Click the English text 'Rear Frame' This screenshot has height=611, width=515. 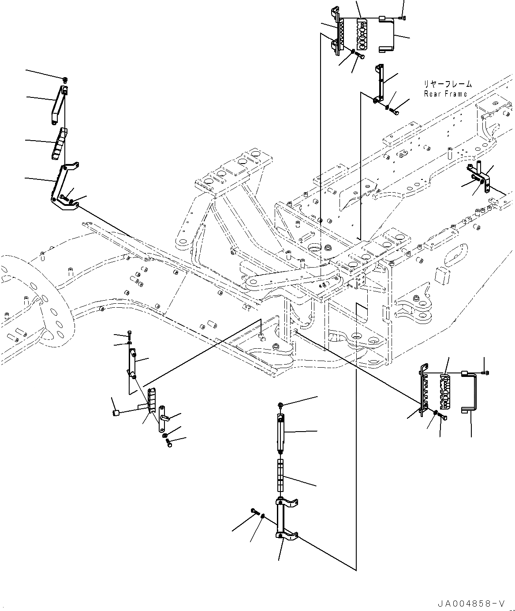445,94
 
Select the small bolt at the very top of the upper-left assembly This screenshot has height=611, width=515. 65,80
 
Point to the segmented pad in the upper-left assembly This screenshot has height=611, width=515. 59,143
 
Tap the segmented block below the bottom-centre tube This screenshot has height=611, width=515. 280,475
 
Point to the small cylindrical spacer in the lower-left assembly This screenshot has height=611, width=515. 116,413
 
